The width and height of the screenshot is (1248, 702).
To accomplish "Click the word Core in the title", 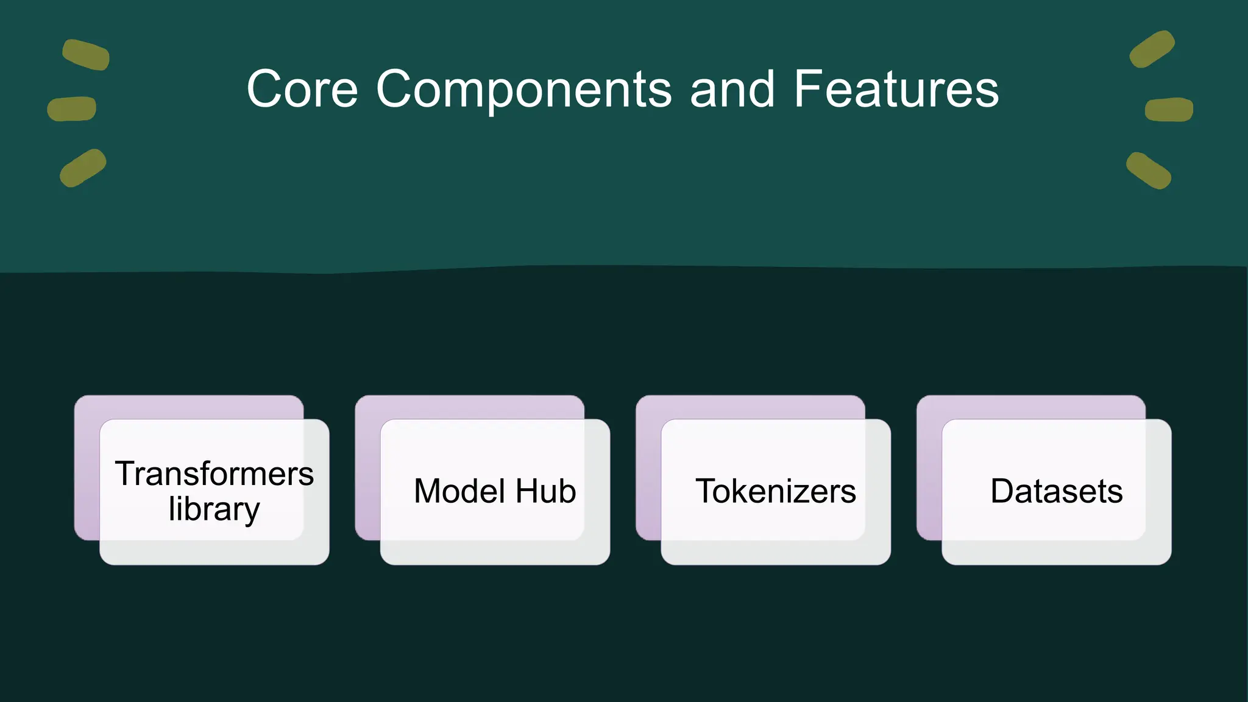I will tap(302, 90).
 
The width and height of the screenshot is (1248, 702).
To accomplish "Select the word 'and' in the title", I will tap(732, 90).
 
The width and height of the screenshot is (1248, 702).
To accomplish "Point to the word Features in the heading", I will tap(896, 90).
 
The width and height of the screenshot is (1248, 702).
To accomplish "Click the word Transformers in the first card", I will tap(214, 474).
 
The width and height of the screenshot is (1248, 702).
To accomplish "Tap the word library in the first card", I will tap(214, 509).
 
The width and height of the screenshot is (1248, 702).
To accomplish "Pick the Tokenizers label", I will tap(775, 491).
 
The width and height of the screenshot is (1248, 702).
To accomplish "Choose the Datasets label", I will tap(1056, 491).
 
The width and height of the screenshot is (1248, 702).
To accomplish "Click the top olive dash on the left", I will tap(86, 55).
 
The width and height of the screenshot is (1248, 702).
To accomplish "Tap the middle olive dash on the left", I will tap(72, 109).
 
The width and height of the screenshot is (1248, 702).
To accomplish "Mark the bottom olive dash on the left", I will tap(83, 168).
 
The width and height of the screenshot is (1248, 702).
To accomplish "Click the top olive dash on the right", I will tap(1152, 49).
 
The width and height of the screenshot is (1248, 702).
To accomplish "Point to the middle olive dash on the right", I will tap(1169, 110).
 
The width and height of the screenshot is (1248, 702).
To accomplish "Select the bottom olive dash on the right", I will tap(1149, 171).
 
